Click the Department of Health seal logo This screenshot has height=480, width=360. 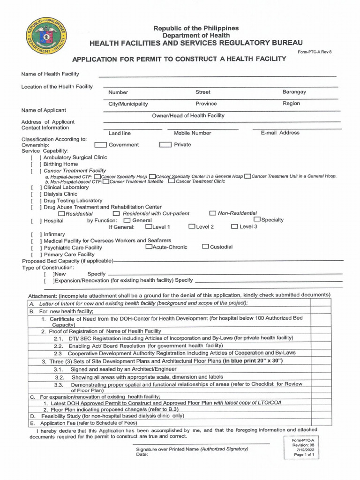click(45, 39)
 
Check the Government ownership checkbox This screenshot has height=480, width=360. click(100, 145)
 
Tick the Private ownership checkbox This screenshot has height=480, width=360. click(165, 145)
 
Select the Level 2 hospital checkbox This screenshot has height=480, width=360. click(192, 226)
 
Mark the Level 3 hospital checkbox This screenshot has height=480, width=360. click(234, 226)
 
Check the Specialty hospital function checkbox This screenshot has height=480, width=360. click(257, 219)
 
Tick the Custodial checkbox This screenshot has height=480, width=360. click(205, 247)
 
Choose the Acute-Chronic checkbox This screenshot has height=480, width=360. click(149, 247)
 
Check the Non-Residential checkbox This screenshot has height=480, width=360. click(213, 213)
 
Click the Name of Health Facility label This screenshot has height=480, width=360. click(50, 74)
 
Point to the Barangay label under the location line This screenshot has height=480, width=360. click(294, 92)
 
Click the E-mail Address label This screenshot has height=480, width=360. click(280, 133)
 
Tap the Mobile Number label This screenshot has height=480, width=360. click(192, 133)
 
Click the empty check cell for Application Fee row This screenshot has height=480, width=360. click(321, 423)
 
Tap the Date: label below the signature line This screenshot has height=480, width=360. click(142, 455)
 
